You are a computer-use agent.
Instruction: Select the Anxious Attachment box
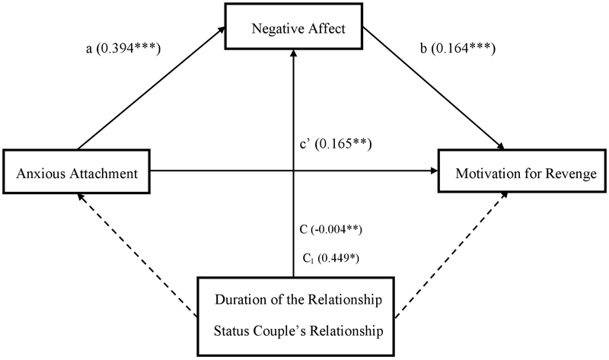76,174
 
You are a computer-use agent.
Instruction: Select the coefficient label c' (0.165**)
334,142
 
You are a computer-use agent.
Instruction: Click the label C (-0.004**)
330,228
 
